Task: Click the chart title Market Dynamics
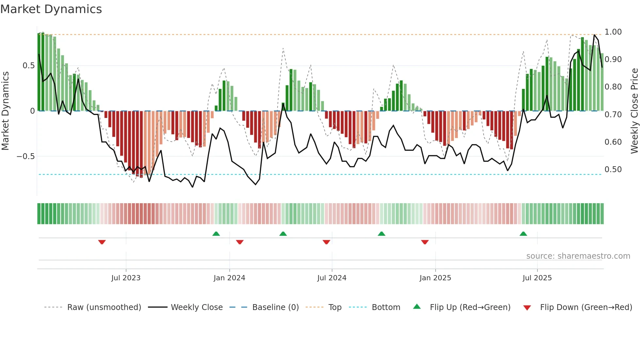(x=51, y=9)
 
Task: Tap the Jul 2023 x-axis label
(x=126, y=278)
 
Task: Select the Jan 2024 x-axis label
(x=229, y=278)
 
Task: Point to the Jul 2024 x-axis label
(x=332, y=278)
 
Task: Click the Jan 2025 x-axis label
(x=435, y=278)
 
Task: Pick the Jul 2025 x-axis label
(x=537, y=278)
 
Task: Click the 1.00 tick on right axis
(x=613, y=32)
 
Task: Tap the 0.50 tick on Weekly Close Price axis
(x=613, y=170)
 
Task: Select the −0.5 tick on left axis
(x=26, y=156)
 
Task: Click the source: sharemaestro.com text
(x=578, y=256)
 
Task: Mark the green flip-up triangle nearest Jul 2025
(x=523, y=234)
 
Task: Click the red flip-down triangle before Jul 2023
(x=102, y=242)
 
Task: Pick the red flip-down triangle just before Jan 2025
(x=425, y=242)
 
